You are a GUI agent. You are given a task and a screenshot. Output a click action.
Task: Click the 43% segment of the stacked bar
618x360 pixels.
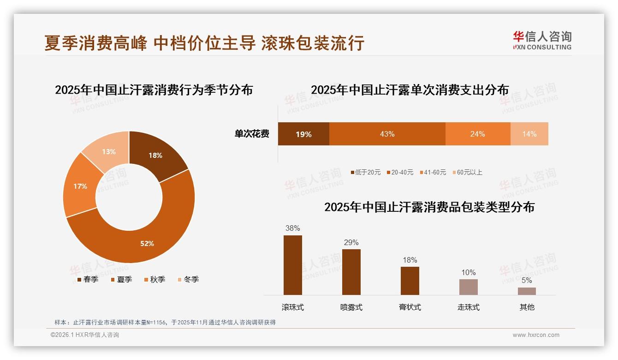[387, 134]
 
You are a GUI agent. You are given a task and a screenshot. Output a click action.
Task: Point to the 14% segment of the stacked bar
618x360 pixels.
[529, 134]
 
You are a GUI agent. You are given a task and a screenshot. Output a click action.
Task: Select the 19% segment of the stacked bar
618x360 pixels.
[303, 134]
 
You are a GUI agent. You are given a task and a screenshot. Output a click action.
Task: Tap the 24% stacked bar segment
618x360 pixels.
[477, 134]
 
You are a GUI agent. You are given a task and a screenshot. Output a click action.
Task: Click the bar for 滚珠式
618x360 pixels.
[293, 265]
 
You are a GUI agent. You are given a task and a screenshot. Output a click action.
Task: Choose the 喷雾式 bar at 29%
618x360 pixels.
[351, 272]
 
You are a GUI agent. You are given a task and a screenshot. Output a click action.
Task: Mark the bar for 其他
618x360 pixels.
[527, 291]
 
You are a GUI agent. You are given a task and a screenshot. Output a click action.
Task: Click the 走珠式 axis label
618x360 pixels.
[468, 307]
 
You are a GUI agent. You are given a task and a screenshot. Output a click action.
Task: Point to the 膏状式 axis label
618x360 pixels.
[410, 307]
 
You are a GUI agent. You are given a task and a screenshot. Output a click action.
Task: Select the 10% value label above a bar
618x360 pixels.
[468, 273]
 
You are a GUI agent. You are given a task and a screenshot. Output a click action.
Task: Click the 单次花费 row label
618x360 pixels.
[252, 134]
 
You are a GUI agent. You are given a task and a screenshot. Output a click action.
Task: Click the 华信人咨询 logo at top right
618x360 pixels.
[542, 40]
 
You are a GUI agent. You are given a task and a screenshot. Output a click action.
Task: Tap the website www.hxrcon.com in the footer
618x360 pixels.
[536, 335]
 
